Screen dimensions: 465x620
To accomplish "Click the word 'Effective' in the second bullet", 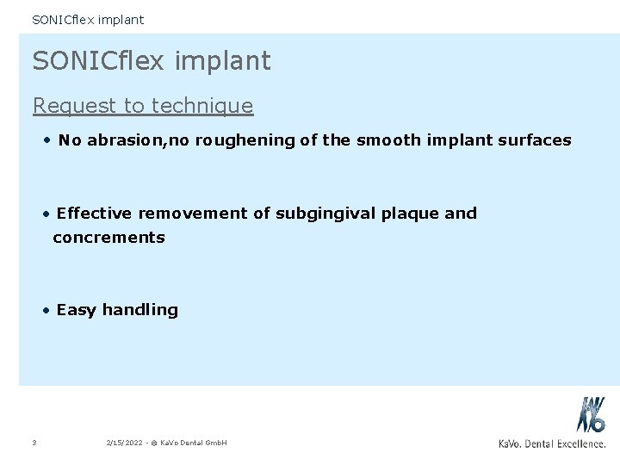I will pyautogui.click(x=96, y=213).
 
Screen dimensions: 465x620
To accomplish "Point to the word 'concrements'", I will pyautogui.click(x=108, y=237).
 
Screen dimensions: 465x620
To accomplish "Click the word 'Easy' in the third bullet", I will pyautogui.click(x=76, y=309).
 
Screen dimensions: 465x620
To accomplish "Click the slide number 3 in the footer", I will pyautogui.click(x=32, y=443).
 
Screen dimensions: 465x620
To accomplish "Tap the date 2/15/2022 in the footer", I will pyautogui.click(x=124, y=443).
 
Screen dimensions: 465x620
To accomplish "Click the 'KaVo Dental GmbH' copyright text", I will pyautogui.click(x=193, y=443).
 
